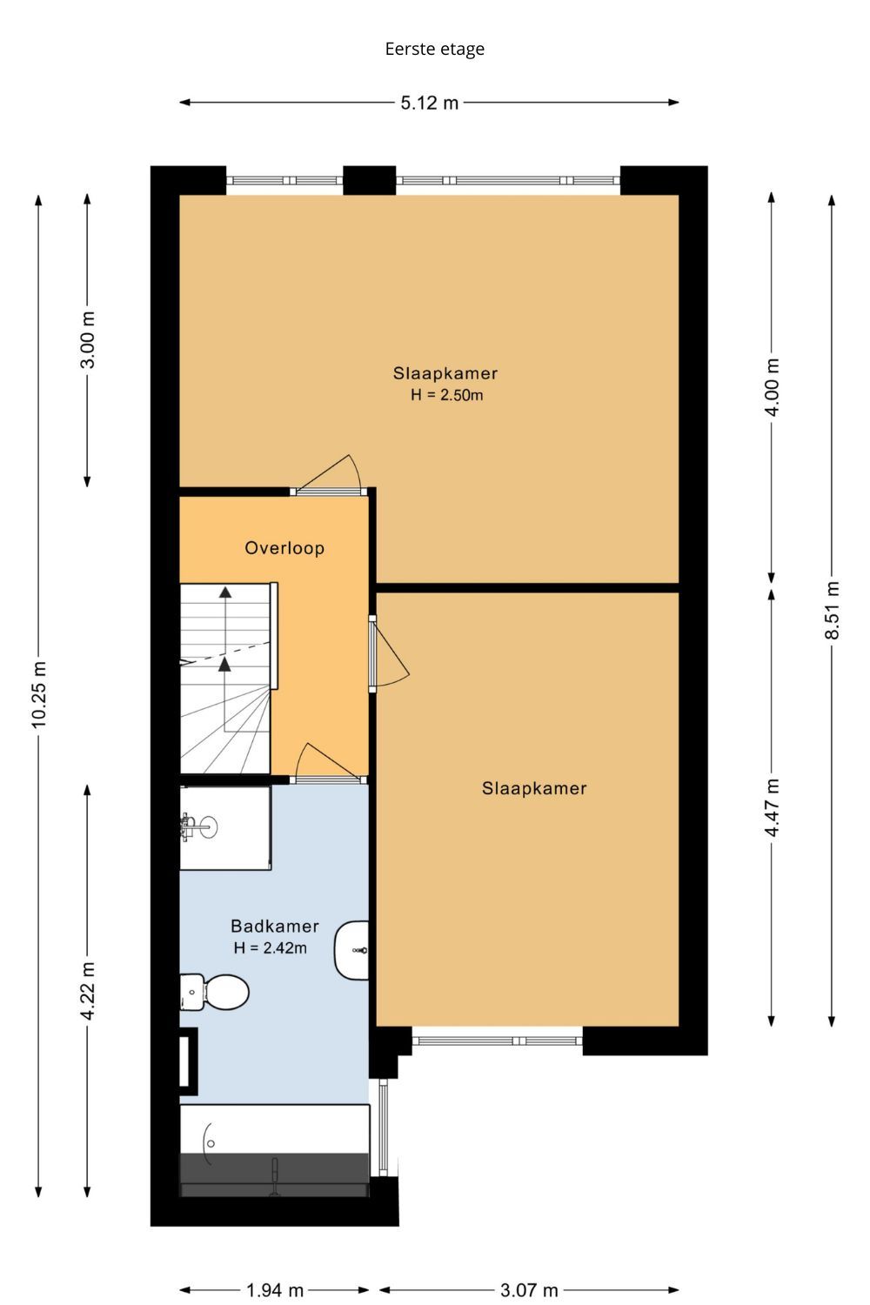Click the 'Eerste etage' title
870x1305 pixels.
pos(435,49)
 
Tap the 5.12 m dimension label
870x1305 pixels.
pos(430,104)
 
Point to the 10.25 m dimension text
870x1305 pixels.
pos(39,694)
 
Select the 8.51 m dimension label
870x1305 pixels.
pos(832,610)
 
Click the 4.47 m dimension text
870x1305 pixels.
pos(772,807)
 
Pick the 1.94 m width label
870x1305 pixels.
pos(275,1290)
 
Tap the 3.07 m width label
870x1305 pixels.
pos(529,1290)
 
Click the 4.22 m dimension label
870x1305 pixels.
pos(87,991)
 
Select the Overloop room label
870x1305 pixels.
pos(284,548)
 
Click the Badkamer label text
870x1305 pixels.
pos(275,926)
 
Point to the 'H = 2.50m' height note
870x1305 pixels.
pos(447,395)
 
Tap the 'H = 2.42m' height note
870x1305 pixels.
pos(271,948)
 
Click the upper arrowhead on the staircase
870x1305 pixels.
pos(225,592)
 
